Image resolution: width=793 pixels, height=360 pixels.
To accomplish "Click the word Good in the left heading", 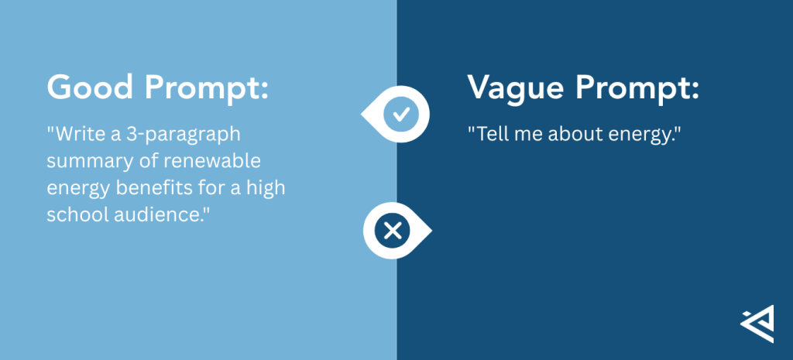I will (x=88, y=88).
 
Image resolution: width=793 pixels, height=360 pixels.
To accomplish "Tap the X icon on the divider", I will (x=393, y=230).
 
